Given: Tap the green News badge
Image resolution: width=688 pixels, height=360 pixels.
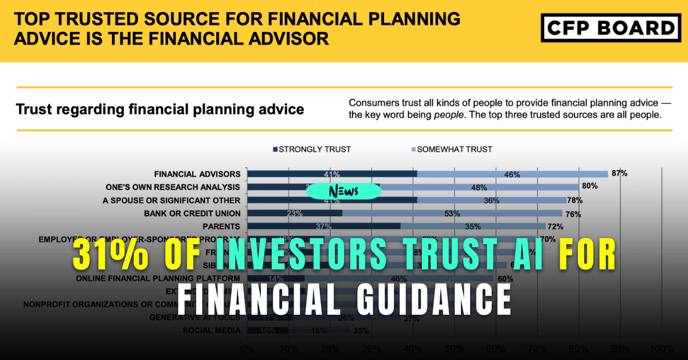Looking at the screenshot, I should (x=343, y=191).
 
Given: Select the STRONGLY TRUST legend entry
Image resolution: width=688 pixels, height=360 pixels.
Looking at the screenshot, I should (x=312, y=150).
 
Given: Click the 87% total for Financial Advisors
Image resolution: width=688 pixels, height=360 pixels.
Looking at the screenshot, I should (x=619, y=173).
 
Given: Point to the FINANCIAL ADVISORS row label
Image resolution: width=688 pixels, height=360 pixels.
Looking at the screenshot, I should (x=197, y=174).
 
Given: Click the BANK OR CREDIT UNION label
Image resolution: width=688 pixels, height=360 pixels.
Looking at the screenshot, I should (x=192, y=213).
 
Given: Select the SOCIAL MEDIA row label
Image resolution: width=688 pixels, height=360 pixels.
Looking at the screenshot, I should (x=212, y=330).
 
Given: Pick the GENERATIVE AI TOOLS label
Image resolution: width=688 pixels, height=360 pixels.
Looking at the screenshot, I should (x=194, y=317).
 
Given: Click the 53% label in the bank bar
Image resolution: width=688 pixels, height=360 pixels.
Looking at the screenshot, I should (x=454, y=214).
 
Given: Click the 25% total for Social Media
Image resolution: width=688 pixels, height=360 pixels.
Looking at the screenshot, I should (x=361, y=331).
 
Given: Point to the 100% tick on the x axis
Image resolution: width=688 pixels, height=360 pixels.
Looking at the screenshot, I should (x=661, y=348).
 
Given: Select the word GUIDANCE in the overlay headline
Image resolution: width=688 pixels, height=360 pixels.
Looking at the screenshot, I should (x=433, y=298).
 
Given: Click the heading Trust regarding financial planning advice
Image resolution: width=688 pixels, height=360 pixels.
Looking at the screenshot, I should (x=160, y=108).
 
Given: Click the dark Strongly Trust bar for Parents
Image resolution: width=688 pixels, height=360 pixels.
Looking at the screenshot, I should (x=323, y=226).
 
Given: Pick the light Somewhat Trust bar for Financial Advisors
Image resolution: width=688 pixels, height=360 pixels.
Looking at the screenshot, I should (x=512, y=174).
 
